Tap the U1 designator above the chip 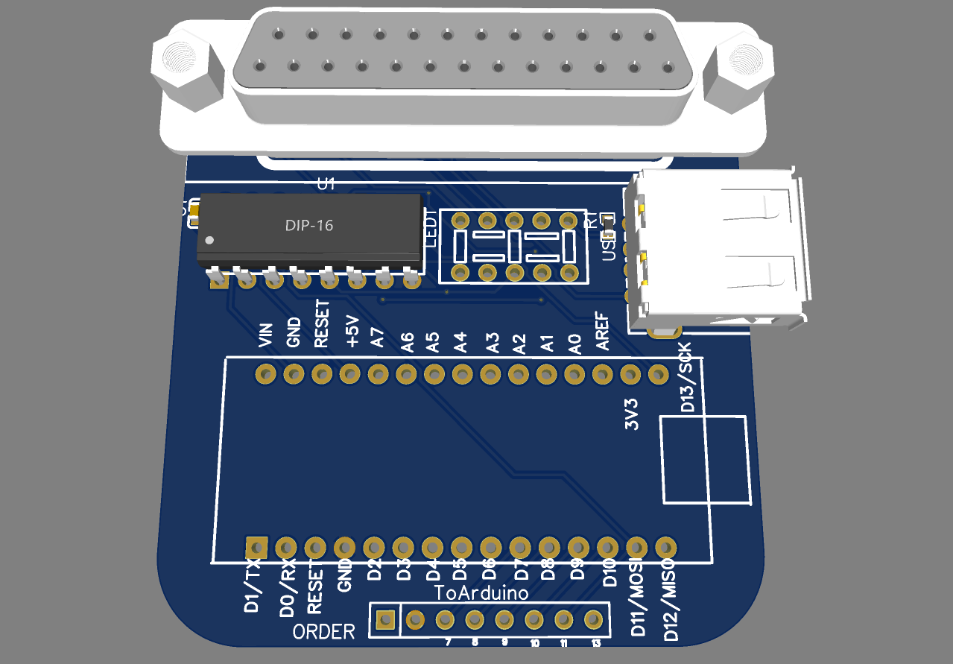(326, 184)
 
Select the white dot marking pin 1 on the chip (209, 240)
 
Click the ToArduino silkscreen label (482, 593)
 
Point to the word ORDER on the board (323, 633)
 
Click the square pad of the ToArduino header (384, 619)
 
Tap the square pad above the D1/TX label (256, 547)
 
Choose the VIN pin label (265, 335)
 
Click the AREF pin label (602, 332)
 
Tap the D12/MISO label (670, 601)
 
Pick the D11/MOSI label (639, 598)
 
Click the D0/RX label (288, 589)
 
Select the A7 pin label (378, 338)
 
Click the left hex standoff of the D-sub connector (187, 65)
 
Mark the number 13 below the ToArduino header (595, 643)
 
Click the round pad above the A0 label (574, 373)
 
